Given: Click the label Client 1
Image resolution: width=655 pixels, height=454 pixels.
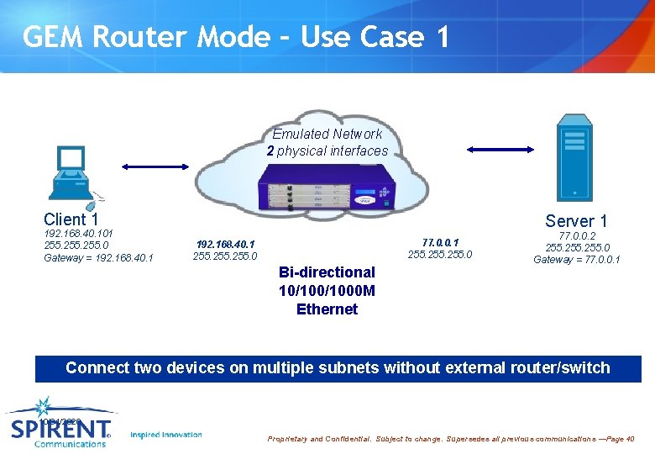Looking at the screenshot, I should click(x=71, y=219).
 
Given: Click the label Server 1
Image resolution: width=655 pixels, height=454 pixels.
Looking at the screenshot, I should click(x=576, y=221).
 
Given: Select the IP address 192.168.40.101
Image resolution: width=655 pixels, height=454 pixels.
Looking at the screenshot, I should click(x=79, y=233).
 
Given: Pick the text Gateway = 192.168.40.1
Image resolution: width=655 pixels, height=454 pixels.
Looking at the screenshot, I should click(x=98, y=257).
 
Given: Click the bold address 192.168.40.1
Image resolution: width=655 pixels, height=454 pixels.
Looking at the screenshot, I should click(x=225, y=244).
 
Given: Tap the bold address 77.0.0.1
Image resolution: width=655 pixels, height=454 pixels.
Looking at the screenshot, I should click(x=440, y=242).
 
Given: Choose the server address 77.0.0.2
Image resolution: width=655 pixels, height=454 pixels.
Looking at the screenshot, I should click(x=577, y=236).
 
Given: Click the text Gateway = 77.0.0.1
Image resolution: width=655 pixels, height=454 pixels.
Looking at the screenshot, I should click(x=577, y=260).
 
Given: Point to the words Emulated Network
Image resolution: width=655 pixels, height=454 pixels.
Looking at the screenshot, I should click(x=327, y=134).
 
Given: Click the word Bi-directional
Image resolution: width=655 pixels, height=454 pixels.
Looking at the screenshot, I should click(x=327, y=272).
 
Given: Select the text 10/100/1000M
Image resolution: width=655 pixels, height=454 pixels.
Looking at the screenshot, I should click(x=327, y=291).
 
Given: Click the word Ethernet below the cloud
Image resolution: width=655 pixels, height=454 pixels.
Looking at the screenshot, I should click(x=327, y=309).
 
